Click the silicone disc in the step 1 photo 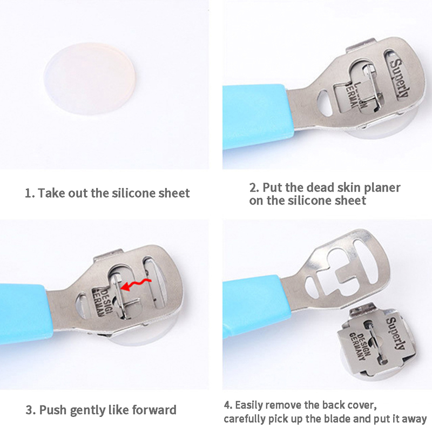click(90, 78)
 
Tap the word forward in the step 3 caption click(154, 410)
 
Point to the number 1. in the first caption click(30, 193)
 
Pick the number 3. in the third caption click(31, 410)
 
